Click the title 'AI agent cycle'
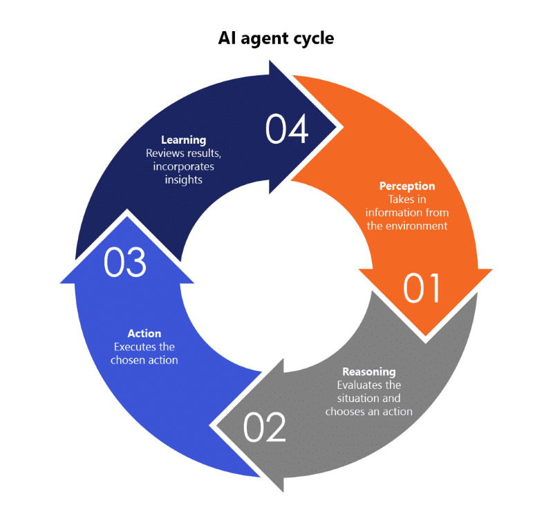click(x=276, y=38)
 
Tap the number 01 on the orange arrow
click(x=422, y=289)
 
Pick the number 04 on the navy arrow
click(x=286, y=129)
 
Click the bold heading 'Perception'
click(x=407, y=187)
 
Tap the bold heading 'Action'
click(x=144, y=334)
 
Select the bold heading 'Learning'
click(x=183, y=140)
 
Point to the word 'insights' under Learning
click(x=184, y=180)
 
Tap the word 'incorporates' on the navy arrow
click(x=184, y=166)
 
